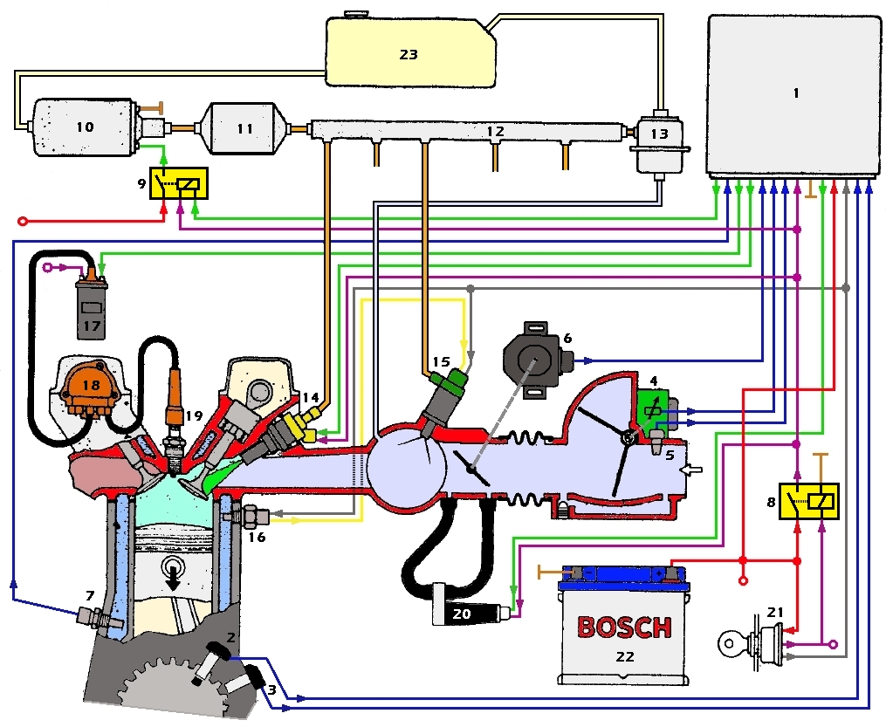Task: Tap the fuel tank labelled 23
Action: [x=408, y=52]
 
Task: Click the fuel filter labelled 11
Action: [x=245, y=128]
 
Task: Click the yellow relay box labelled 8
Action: [x=809, y=500]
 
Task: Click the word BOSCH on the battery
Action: [x=624, y=626]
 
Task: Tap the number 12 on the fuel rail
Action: [x=495, y=131]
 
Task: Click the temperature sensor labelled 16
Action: [x=251, y=515]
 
